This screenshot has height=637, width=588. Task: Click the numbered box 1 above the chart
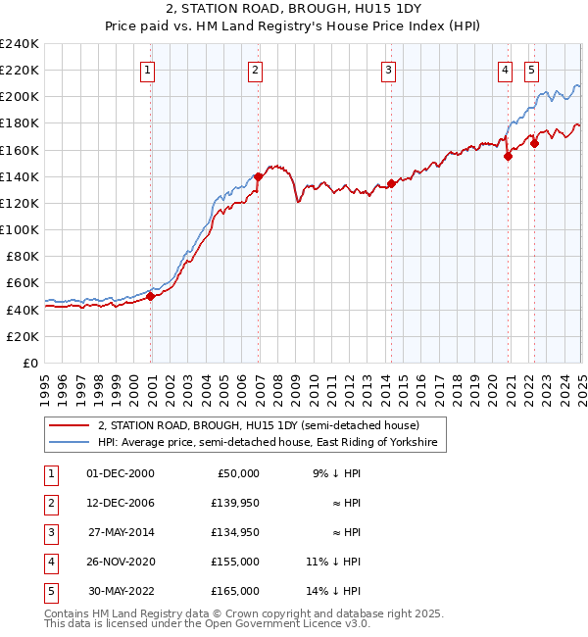tap(147, 70)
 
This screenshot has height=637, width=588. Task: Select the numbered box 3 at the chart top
tap(389, 70)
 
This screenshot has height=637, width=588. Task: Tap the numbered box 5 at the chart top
tap(531, 70)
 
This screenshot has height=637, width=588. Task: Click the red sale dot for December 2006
tap(259, 176)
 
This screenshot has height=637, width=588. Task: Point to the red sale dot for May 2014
tap(391, 183)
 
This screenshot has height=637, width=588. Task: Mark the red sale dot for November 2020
tap(509, 156)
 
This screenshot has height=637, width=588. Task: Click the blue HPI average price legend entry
tap(270, 443)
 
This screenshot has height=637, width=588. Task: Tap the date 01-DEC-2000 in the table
tap(120, 473)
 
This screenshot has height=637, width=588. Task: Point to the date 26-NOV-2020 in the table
tap(121, 562)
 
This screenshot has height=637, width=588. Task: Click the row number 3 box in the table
tap(49, 532)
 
